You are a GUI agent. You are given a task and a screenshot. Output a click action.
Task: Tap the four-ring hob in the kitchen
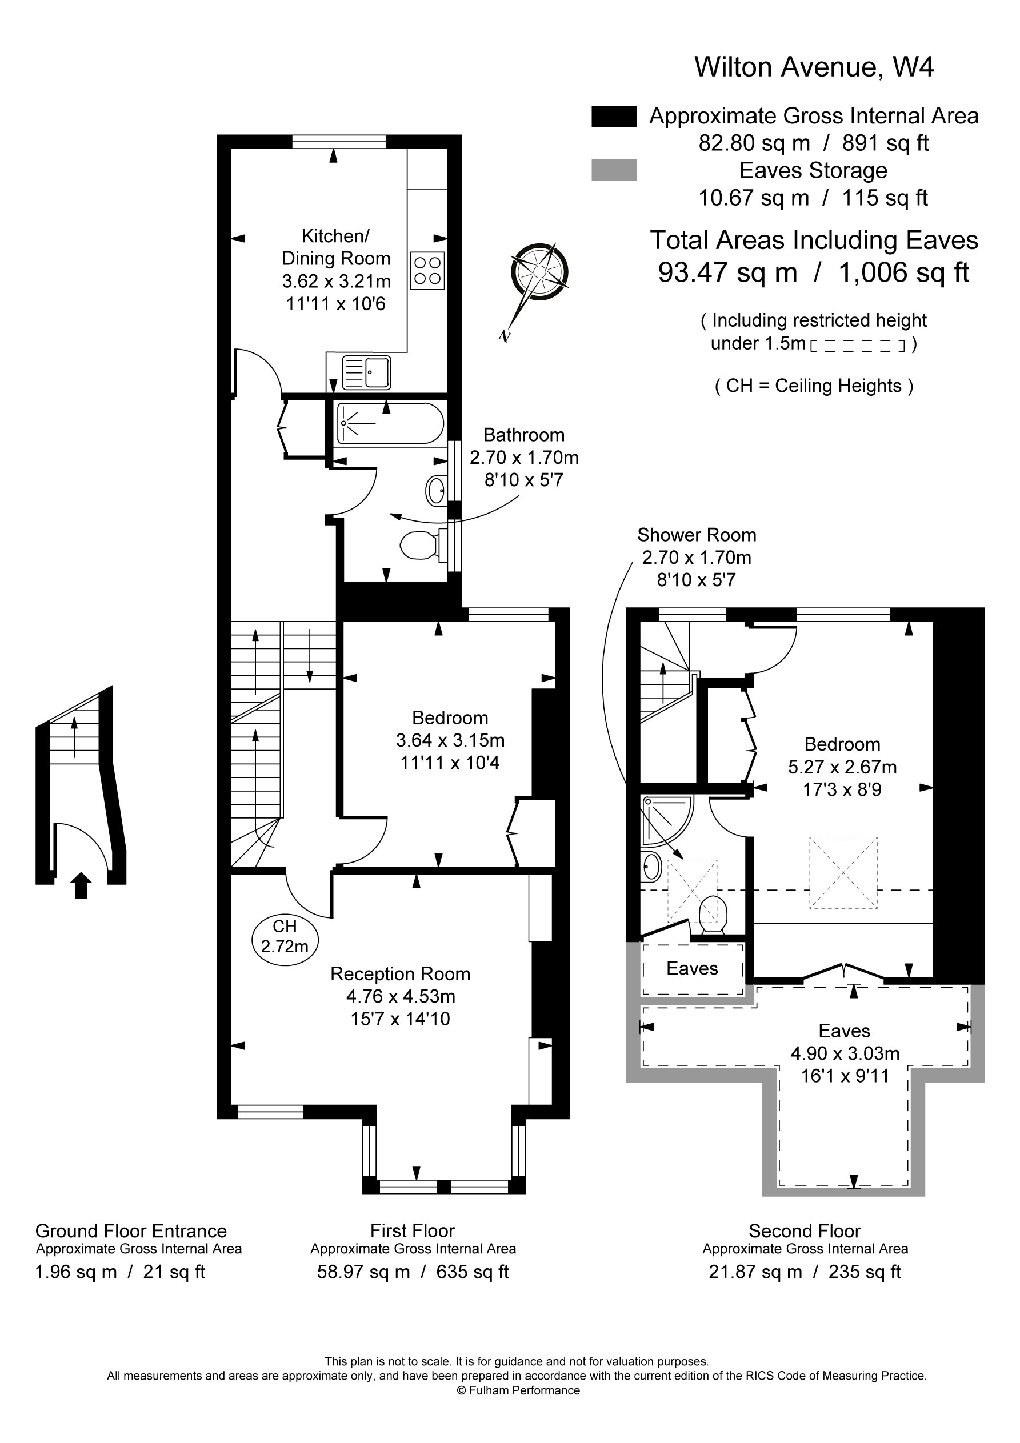click(427, 270)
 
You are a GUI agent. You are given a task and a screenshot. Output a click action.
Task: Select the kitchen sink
click(367, 372)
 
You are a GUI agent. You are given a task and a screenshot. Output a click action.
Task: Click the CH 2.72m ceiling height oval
click(285, 936)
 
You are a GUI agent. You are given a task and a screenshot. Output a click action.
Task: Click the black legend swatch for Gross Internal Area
click(614, 117)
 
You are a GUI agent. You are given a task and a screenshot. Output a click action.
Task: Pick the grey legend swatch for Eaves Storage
click(614, 170)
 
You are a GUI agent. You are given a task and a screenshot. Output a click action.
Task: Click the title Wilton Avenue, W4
click(813, 67)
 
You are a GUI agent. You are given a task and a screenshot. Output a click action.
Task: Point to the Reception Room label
click(400, 973)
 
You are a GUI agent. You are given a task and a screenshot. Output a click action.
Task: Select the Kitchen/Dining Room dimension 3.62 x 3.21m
click(336, 281)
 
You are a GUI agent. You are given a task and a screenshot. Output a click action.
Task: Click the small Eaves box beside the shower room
click(692, 968)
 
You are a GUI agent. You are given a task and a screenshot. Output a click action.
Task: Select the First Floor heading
click(412, 1230)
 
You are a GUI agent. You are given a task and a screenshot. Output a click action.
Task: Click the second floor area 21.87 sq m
click(755, 1272)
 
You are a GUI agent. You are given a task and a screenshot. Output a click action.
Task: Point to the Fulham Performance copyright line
click(518, 1390)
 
